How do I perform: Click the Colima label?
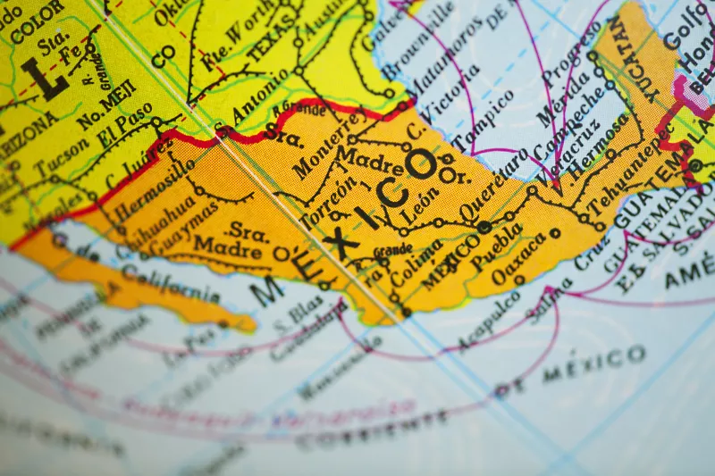(416, 262)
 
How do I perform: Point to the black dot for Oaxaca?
(555, 233)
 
